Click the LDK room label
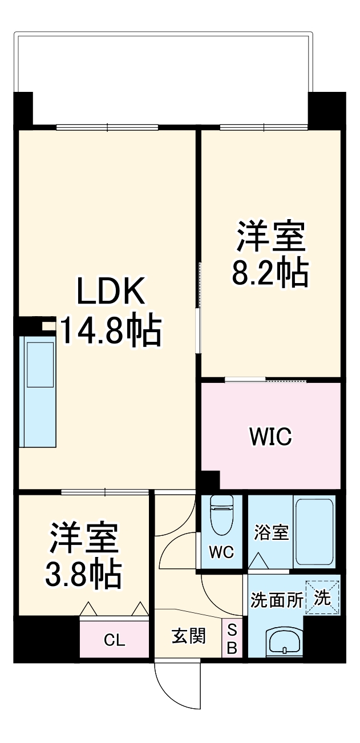tap(112, 292)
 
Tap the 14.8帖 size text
tap(110, 330)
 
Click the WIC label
tap(270, 437)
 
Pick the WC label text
tap(221, 553)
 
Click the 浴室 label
tap(271, 533)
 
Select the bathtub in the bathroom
tap(313, 531)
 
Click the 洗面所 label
tap(277, 600)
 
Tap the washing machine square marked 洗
tap(322, 598)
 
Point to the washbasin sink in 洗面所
tap(284, 643)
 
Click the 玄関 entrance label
tap(189, 636)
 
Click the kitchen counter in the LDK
tap(38, 390)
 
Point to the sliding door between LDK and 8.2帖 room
tap(199, 308)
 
